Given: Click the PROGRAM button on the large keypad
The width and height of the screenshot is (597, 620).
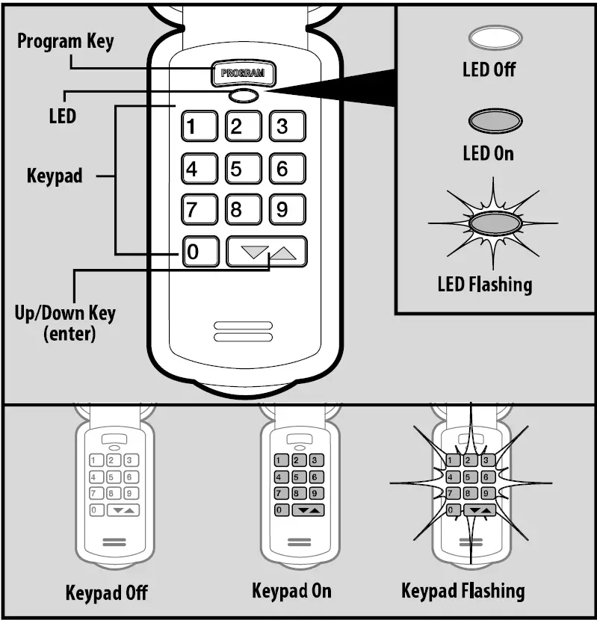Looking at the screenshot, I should tap(244, 74).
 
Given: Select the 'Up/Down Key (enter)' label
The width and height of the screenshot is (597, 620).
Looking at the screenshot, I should tap(65, 322).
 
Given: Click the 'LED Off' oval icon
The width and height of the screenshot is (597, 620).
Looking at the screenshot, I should tap(494, 37).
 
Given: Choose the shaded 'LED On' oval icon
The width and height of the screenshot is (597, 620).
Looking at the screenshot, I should tap(494, 121).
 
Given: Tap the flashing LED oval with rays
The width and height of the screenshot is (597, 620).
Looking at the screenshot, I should tap(494, 223).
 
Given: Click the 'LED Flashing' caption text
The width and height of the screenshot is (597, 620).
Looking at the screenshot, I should tap(485, 285).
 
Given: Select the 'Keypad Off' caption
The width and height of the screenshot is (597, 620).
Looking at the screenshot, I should tap(107, 593).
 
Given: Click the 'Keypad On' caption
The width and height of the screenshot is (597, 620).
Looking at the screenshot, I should tap(291, 592).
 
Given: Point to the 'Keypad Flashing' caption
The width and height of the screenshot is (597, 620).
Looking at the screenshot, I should tap(463, 592).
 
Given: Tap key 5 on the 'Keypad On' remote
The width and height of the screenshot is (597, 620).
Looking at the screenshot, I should tap(298, 477).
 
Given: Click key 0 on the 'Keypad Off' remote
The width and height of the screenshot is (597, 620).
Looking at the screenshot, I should tap(95, 510).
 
